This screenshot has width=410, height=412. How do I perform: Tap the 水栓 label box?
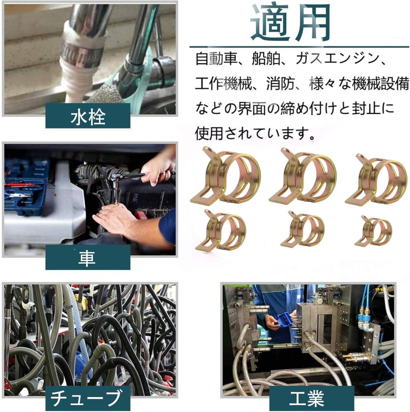coord(88,116)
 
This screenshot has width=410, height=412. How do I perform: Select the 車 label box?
coord(88,257)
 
